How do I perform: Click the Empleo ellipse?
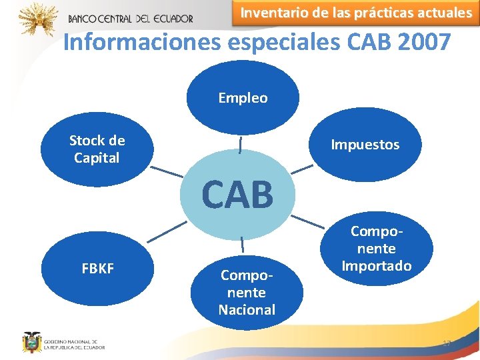pos(243,99)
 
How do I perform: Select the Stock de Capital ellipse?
pos(97,149)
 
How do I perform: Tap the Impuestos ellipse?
pos(365,145)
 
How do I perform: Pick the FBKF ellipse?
pos(97,269)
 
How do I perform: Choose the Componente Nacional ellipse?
pos(247,292)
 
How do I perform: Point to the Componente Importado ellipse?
pos(377,249)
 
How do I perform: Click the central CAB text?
pos(238,195)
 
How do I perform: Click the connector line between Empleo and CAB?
pos(240,144)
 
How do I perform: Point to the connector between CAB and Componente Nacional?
pos(241,245)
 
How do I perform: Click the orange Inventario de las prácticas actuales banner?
pos(355,13)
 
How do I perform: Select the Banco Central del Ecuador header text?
pos(130,19)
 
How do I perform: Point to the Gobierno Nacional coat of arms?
pos(30,341)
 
